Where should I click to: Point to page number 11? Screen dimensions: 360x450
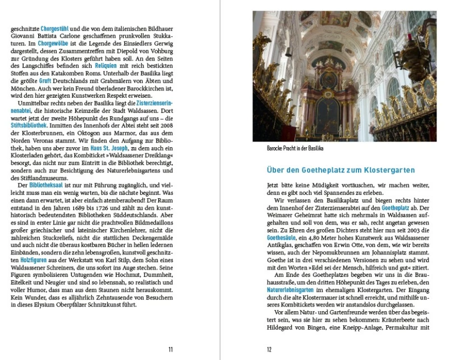pyautogui.click(x=171, y=349)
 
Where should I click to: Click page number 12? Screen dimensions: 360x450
pyautogui.click(x=269, y=349)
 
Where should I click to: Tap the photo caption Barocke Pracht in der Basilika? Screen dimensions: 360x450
pyautogui.click(x=295, y=148)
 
